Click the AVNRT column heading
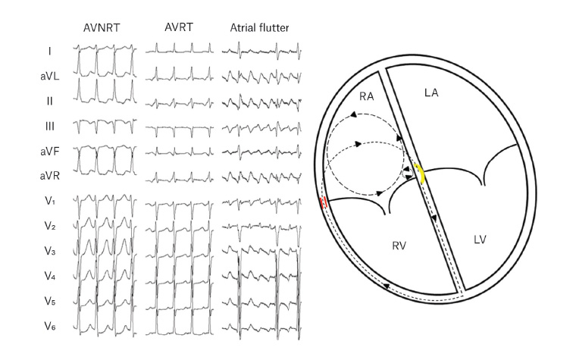[x=104, y=28]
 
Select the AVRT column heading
[x=180, y=27]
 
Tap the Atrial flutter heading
[x=260, y=28]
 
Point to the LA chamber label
[x=431, y=92]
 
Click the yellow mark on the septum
[x=418, y=174]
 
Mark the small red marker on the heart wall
[x=324, y=202]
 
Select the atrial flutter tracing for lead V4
[x=260, y=277]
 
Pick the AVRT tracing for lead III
[x=180, y=127]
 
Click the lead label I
[x=49, y=52]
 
